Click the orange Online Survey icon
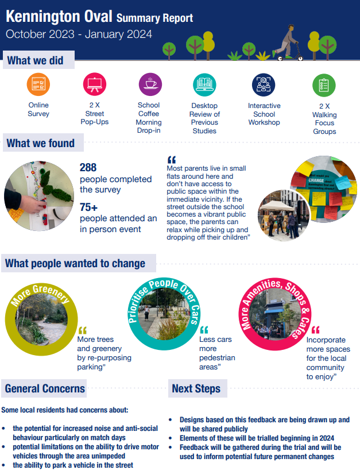[38, 84]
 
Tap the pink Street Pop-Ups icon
[94, 84]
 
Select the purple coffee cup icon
[150, 84]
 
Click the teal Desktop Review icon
[204, 84]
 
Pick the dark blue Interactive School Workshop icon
[264, 84]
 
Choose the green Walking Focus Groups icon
[324, 84]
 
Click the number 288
[89, 168]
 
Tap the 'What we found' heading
[41, 142]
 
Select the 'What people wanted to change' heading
[75, 264]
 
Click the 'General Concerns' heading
[45, 388]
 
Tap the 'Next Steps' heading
[196, 388]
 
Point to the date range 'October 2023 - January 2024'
[79, 34]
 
